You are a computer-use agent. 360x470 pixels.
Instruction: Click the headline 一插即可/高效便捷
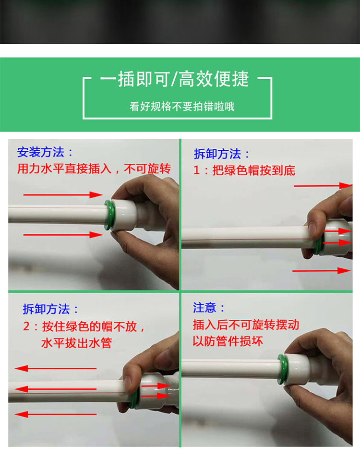pyautogui.click(x=174, y=79)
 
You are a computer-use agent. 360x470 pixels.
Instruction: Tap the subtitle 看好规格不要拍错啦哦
pyautogui.click(x=182, y=107)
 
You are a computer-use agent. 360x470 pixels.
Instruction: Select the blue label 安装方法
pyautogui.click(x=40, y=152)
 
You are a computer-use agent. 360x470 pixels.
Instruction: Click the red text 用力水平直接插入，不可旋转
pyautogui.click(x=94, y=169)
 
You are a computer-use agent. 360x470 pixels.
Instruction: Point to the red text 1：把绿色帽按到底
pyautogui.click(x=244, y=170)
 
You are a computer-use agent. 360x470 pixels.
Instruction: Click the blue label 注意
pyautogui.click(x=204, y=308)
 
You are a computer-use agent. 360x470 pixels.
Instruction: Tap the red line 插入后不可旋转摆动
pyautogui.click(x=246, y=325)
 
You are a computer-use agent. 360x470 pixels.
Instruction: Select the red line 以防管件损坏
pyautogui.click(x=228, y=341)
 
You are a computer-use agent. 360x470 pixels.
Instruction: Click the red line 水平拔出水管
pyautogui.click(x=76, y=343)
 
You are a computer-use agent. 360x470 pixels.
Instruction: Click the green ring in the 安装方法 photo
pyautogui.click(x=108, y=215)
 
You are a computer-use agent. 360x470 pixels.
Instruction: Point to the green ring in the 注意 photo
pyautogui.click(x=282, y=369)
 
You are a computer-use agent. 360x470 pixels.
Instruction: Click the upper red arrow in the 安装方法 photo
pyautogui.click(x=63, y=195)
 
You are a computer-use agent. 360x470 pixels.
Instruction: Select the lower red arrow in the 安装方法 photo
pyautogui.click(x=63, y=235)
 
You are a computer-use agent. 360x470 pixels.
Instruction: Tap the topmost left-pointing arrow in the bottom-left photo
pyautogui.click(x=56, y=368)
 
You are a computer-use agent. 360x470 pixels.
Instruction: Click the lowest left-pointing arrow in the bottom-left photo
pyautogui.click(x=56, y=414)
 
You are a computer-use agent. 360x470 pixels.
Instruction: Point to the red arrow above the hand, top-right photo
pyautogui.click(x=323, y=186)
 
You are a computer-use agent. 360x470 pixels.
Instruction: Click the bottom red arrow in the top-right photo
pyautogui.click(x=321, y=271)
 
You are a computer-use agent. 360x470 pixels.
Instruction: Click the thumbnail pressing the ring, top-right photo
pyautogui.click(x=313, y=230)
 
